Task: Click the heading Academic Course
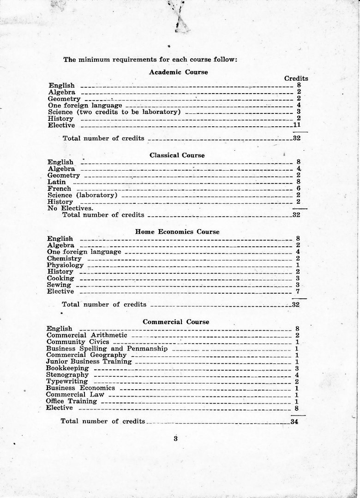coord(178,72)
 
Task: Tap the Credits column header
coord(296,78)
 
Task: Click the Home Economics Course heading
coord(177,232)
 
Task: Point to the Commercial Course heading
coord(176,322)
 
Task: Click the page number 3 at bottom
coord(175,439)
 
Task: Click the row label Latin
coord(57,182)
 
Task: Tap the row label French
coord(60,189)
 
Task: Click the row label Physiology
coord(65,265)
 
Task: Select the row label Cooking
coord(60,278)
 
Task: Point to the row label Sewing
coord(59,285)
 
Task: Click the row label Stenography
coord(67,375)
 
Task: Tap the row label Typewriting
coord(67,382)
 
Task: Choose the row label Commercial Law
coord(69,395)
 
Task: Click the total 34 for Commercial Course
coord(294,421)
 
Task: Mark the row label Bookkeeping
coord(67,368)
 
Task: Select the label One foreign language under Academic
coord(78,106)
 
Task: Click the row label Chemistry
coord(64,259)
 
